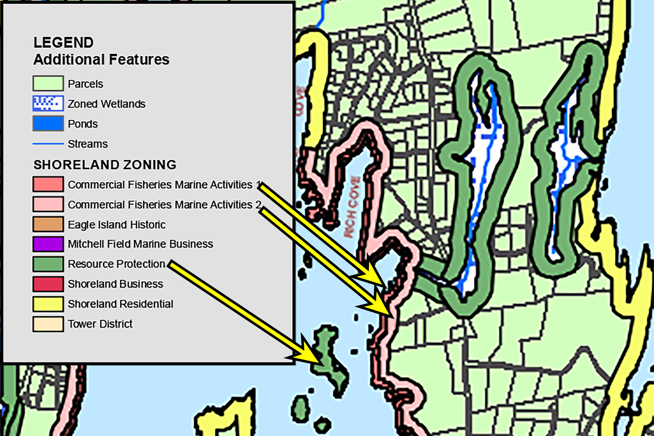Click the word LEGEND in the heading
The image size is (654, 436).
pos(63,43)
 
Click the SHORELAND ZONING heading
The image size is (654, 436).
pos(105,165)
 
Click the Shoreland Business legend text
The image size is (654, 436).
pos(115,284)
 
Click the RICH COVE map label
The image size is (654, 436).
pos(352,207)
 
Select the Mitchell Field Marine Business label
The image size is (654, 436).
pos(140,244)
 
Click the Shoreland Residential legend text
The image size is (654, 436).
pos(120,304)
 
